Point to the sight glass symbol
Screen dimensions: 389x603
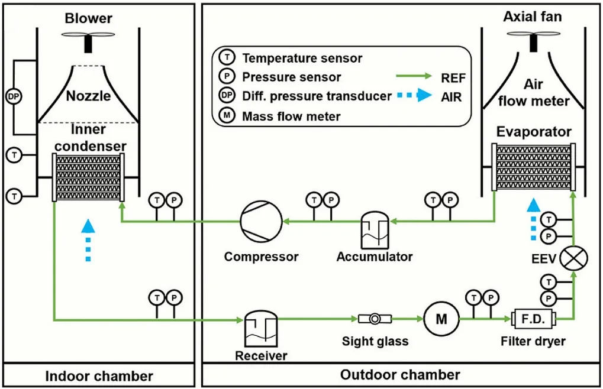[x=375, y=319]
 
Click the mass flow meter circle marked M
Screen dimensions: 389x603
[x=441, y=319]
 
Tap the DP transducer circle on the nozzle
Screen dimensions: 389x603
[x=13, y=96]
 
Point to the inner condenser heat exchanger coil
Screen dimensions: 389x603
[x=88, y=177]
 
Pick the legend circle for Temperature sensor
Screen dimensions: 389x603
[x=227, y=58]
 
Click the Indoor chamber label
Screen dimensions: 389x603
[x=99, y=376]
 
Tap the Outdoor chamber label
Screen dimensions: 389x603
[x=400, y=375]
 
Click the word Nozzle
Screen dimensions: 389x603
[x=88, y=96]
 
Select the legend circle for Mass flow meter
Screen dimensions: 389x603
[x=227, y=116]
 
